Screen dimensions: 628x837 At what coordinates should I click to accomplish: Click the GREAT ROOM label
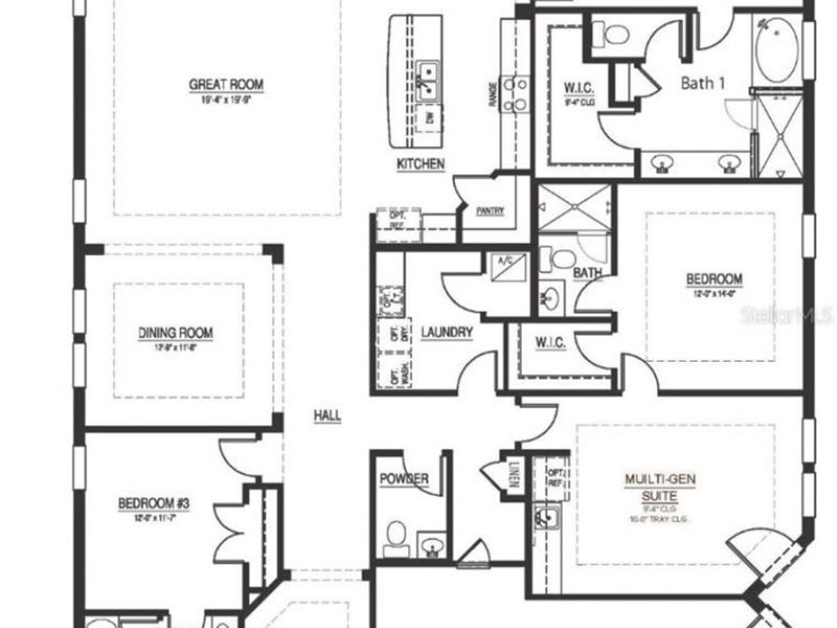[226, 85]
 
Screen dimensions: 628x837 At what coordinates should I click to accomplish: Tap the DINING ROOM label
[176, 332]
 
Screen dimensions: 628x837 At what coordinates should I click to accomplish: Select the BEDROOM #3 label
[153, 503]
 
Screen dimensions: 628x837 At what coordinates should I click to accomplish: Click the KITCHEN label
[420, 164]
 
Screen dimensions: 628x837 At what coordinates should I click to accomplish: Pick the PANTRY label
[489, 211]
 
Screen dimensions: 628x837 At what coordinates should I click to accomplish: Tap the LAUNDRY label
[446, 332]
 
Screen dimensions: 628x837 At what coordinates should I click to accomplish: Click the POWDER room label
[404, 479]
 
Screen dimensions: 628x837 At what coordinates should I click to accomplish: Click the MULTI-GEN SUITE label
[659, 487]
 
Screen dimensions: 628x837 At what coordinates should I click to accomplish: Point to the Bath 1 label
[703, 83]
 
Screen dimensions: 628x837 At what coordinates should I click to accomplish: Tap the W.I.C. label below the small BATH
[551, 343]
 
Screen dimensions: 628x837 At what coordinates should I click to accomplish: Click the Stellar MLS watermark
[786, 315]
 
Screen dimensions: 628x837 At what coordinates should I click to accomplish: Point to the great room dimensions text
[226, 100]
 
